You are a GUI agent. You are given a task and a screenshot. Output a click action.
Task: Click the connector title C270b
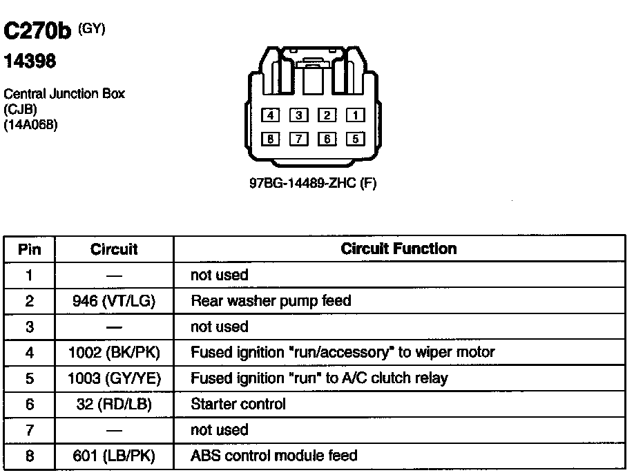[x=39, y=32]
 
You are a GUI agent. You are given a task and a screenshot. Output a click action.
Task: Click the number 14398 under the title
[x=30, y=62]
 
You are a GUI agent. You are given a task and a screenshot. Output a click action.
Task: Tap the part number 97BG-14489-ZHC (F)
[x=312, y=184]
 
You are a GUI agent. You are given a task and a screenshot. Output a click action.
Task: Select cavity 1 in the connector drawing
[x=354, y=116]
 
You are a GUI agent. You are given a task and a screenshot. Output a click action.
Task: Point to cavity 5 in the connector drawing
[x=354, y=139]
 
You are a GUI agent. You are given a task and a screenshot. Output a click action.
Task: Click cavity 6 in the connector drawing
[x=327, y=139]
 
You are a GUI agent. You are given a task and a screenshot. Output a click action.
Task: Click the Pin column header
[x=30, y=249]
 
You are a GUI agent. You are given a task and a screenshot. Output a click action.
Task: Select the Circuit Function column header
[x=398, y=249]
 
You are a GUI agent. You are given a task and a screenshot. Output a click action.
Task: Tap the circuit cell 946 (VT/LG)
[x=114, y=301]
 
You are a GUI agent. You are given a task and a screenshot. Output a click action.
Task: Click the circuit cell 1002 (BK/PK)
[x=114, y=353]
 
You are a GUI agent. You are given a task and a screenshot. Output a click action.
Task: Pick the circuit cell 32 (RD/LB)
[x=114, y=404]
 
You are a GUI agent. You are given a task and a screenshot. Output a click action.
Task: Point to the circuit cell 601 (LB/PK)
[x=114, y=456]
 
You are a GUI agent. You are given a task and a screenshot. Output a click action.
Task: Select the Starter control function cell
[x=238, y=404]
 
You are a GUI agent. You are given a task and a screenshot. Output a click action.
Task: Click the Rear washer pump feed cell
[x=271, y=301]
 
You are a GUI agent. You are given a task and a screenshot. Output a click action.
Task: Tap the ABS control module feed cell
[x=274, y=456]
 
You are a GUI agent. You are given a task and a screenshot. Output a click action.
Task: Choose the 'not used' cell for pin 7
[x=219, y=430]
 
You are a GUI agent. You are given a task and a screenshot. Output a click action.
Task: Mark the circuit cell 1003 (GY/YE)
[x=114, y=378]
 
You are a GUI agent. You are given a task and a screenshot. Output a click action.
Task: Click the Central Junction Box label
[x=64, y=94]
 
